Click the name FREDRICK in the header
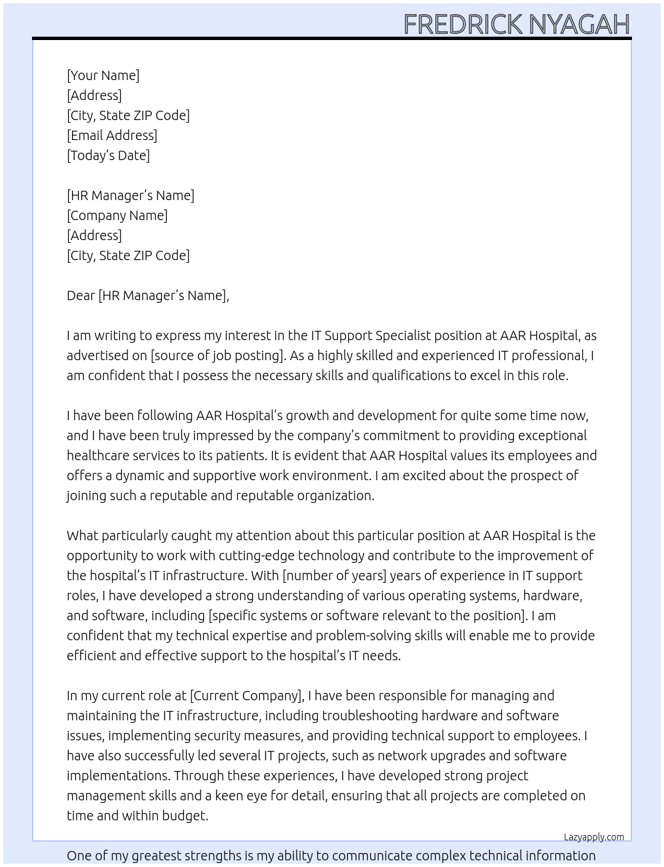(x=463, y=24)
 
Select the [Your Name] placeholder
(x=103, y=75)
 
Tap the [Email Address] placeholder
(x=112, y=135)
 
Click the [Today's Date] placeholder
(x=108, y=155)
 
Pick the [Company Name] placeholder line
(x=117, y=215)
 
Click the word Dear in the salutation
(x=81, y=295)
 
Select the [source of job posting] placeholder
(x=217, y=355)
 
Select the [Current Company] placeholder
(x=247, y=696)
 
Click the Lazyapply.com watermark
(x=594, y=837)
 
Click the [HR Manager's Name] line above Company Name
(x=130, y=195)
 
